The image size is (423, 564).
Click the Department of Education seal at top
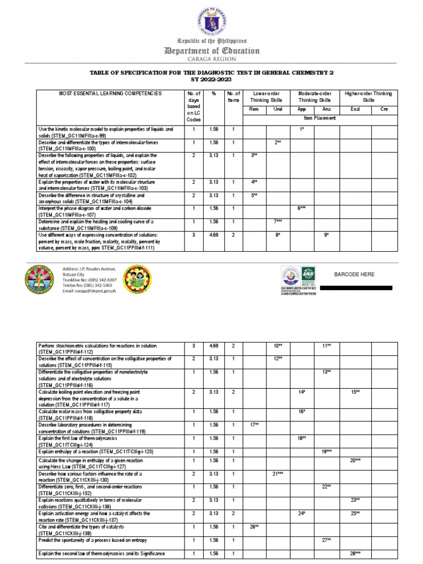tap(211, 19)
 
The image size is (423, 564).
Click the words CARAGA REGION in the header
tap(211, 59)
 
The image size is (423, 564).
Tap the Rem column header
tap(254, 109)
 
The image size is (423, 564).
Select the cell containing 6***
tap(302, 209)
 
